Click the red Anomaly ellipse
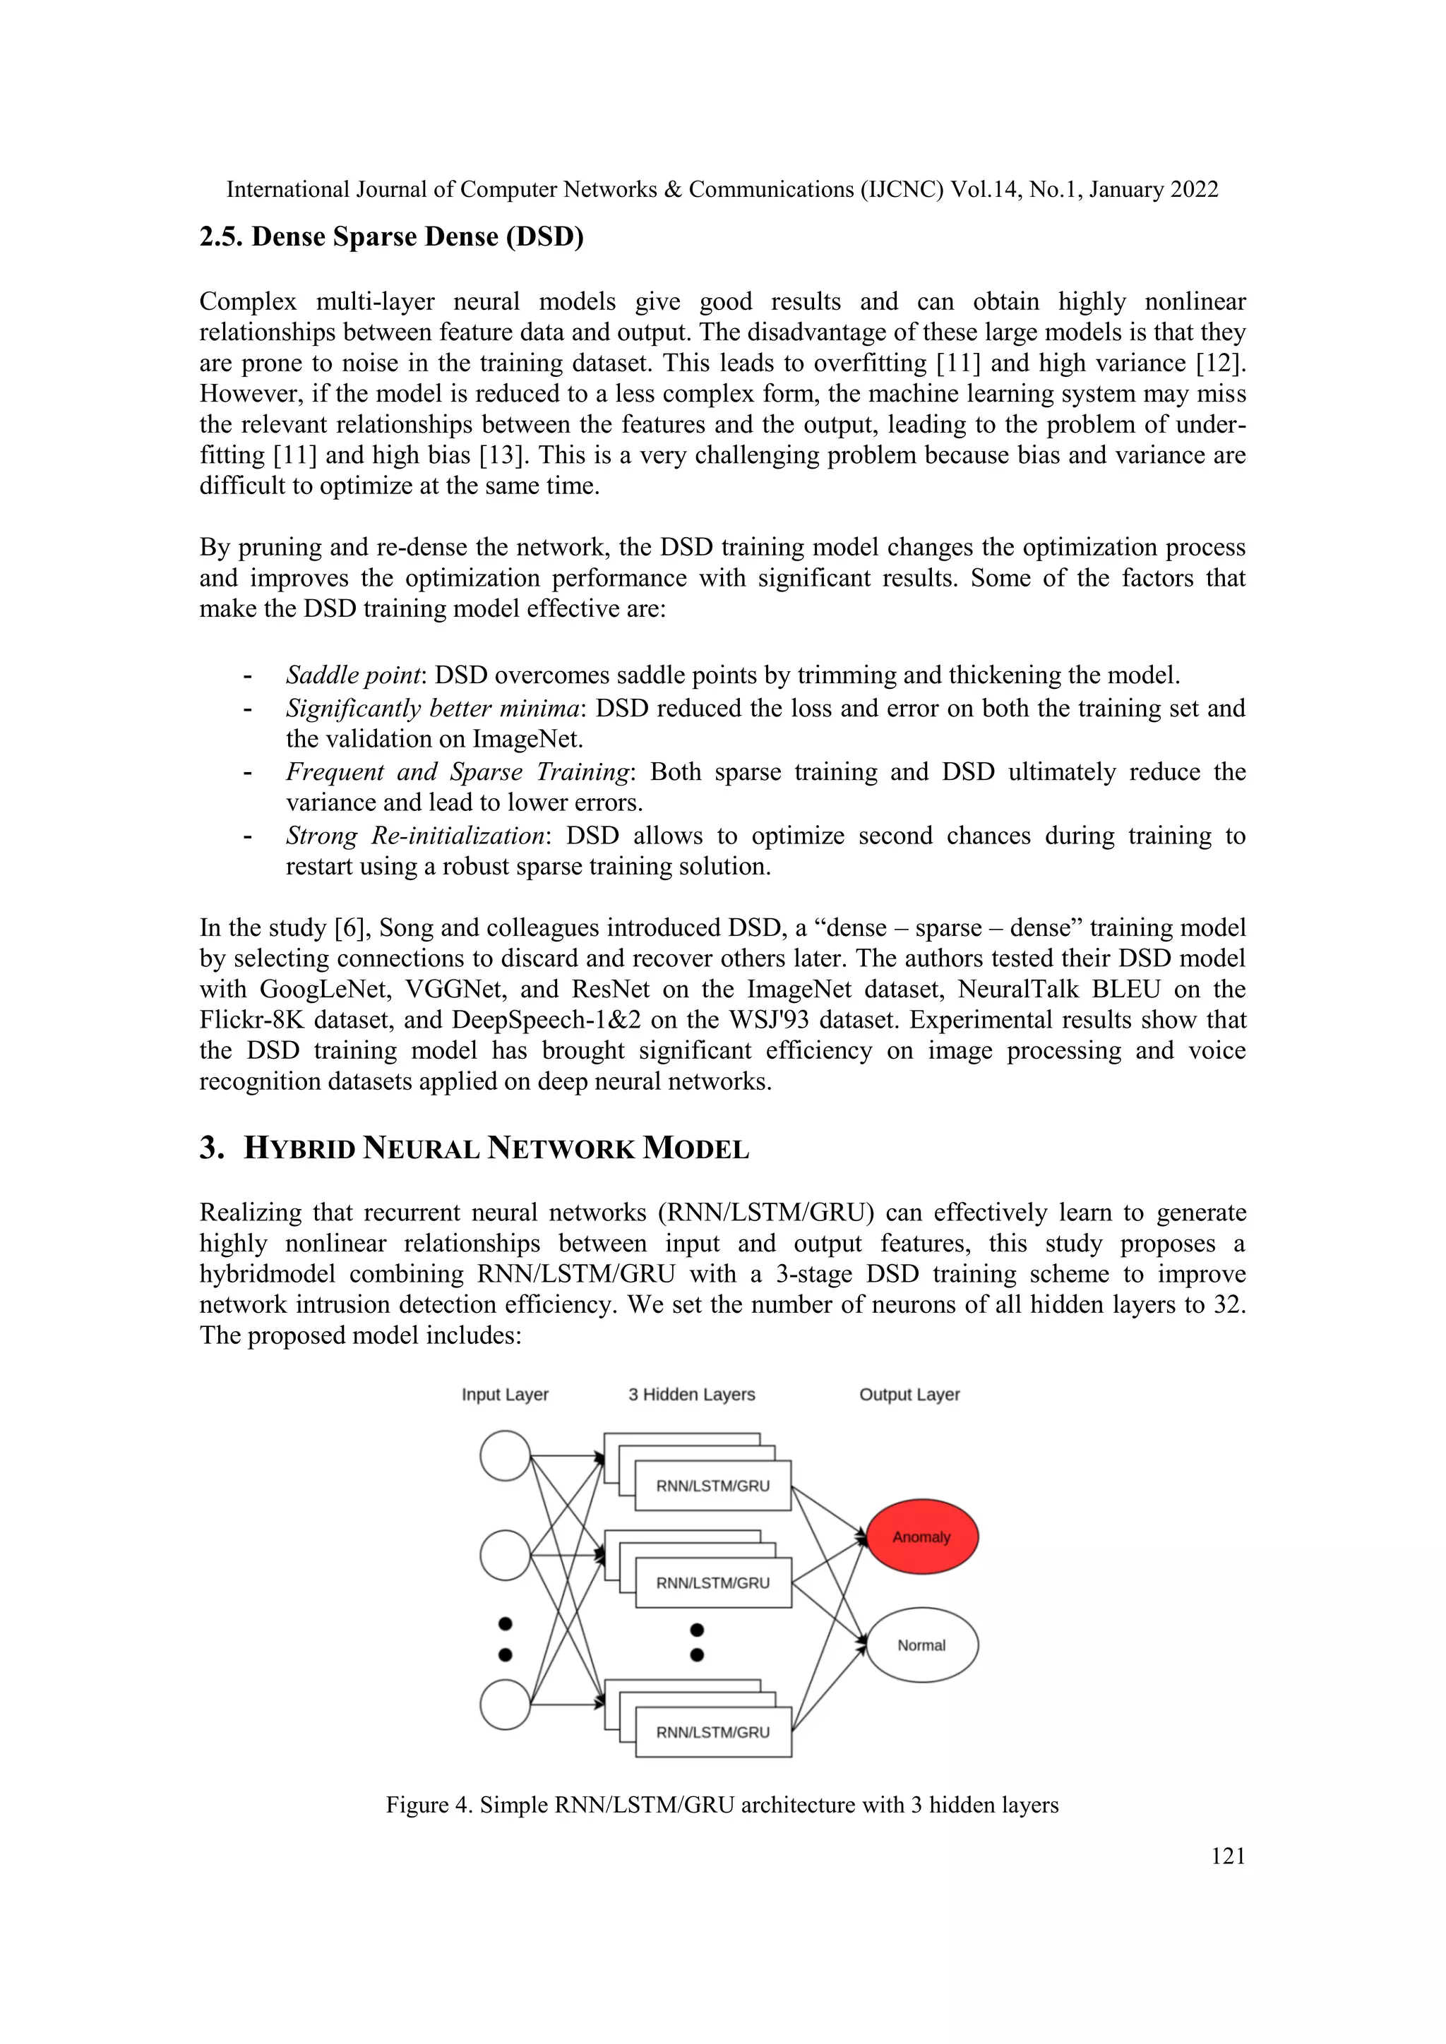[x=921, y=1537]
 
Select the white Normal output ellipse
[x=921, y=1645]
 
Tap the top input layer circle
[x=505, y=1455]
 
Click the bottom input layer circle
[x=505, y=1704]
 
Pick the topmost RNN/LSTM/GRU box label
[x=712, y=1486]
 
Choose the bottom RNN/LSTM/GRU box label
[x=712, y=1733]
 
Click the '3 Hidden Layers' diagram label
[x=691, y=1394]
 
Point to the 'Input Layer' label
[x=505, y=1394]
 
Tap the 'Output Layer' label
[x=909, y=1394]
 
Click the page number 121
[x=1228, y=1856]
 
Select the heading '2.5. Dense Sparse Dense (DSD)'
[x=391, y=237]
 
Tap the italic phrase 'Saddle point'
[x=352, y=675]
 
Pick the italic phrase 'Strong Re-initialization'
[x=415, y=835]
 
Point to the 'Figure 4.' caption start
[x=429, y=1805]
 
